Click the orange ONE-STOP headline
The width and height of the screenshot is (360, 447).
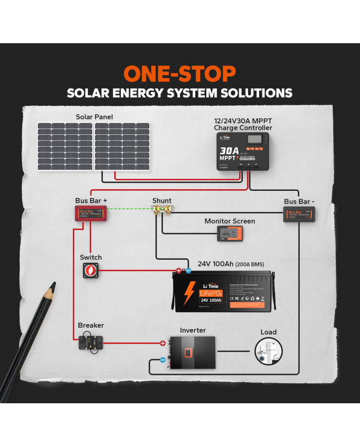tap(179, 74)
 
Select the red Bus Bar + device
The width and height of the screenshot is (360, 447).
tap(91, 212)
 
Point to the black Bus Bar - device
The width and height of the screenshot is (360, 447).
tap(299, 213)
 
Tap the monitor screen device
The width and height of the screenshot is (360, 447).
tap(229, 235)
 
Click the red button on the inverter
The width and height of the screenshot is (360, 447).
tap(189, 353)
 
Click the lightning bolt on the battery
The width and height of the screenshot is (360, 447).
tap(189, 294)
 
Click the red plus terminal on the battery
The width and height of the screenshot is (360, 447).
tap(179, 270)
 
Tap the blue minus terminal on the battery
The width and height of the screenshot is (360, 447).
tap(188, 270)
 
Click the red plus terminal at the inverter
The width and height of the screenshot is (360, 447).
tap(163, 343)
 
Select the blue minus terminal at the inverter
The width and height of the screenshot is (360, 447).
tap(163, 360)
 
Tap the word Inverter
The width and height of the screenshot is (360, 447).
tap(192, 330)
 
